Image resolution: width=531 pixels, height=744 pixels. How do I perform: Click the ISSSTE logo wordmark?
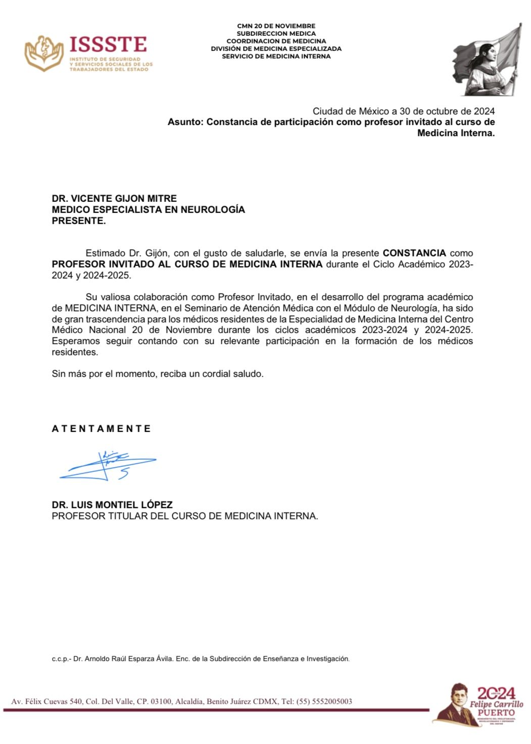tap(108, 45)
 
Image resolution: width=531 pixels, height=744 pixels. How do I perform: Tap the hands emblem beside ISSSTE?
tap(44, 52)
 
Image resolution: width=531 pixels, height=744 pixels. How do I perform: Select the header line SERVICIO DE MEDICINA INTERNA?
tap(276, 57)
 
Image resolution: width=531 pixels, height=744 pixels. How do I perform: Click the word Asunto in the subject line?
tap(184, 122)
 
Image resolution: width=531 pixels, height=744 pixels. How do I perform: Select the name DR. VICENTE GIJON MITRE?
tap(114, 199)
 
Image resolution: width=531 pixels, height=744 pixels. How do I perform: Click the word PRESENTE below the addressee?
tap(78, 221)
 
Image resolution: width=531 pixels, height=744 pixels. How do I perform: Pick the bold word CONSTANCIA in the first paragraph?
tap(414, 253)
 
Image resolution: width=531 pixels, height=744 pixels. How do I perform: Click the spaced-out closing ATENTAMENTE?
tap(102, 429)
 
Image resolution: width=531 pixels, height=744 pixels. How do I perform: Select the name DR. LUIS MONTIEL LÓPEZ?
tap(112, 505)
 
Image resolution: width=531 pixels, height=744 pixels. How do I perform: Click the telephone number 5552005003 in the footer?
tap(331, 702)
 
